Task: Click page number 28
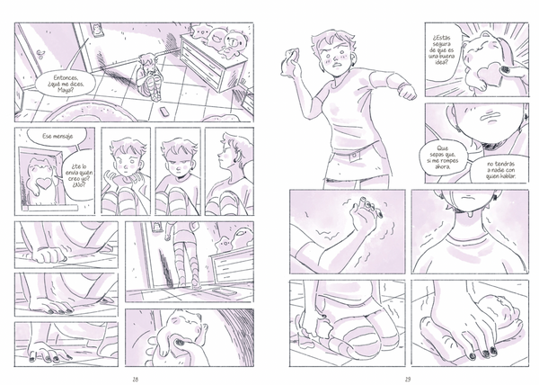tap(136, 379)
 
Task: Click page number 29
tap(408, 379)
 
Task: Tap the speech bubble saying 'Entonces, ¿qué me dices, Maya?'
tap(66, 84)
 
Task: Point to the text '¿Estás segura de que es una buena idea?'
tap(444, 50)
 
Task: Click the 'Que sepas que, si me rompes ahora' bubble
tap(445, 157)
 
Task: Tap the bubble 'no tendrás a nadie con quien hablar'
tap(500, 170)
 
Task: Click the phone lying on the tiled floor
tap(164, 112)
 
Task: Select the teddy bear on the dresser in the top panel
tap(234, 42)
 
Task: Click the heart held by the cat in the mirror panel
tap(45, 183)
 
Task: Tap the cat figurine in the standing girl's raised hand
tap(290, 61)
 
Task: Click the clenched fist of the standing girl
tap(407, 93)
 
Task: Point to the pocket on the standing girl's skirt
tap(353, 156)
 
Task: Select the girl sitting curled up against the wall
tap(148, 77)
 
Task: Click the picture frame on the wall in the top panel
tap(96, 30)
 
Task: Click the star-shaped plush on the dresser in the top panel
tap(200, 31)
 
